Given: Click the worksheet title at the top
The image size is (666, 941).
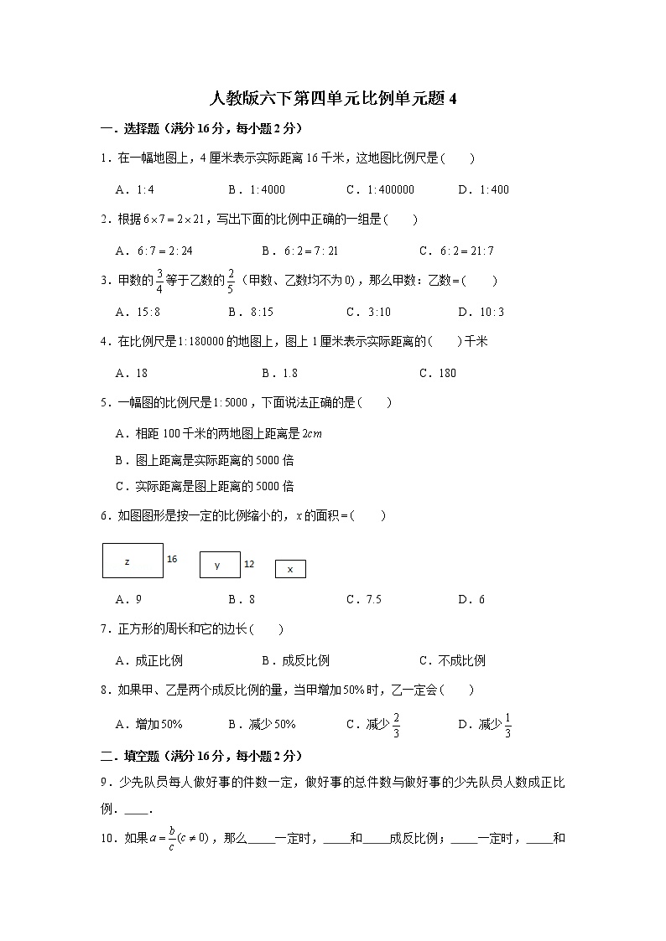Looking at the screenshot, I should pyautogui.click(x=333, y=99).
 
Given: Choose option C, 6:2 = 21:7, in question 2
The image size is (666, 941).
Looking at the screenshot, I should pyautogui.click(x=456, y=251).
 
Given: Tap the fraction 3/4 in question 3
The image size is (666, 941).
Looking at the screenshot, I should pyautogui.click(x=158, y=282).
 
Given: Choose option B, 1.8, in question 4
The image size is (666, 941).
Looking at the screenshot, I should pyautogui.click(x=279, y=373).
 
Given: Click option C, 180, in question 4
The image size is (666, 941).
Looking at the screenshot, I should pyautogui.click(x=437, y=373).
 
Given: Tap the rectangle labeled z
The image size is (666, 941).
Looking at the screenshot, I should pyautogui.click(x=133, y=561).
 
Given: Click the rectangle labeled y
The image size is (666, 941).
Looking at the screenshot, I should pyautogui.click(x=220, y=565).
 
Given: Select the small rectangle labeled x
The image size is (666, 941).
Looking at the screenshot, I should pyautogui.click(x=290, y=569).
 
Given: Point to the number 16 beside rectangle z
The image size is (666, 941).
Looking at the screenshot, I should pyautogui.click(x=172, y=558).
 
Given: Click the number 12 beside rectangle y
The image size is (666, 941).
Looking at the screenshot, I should pyautogui.click(x=249, y=564).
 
